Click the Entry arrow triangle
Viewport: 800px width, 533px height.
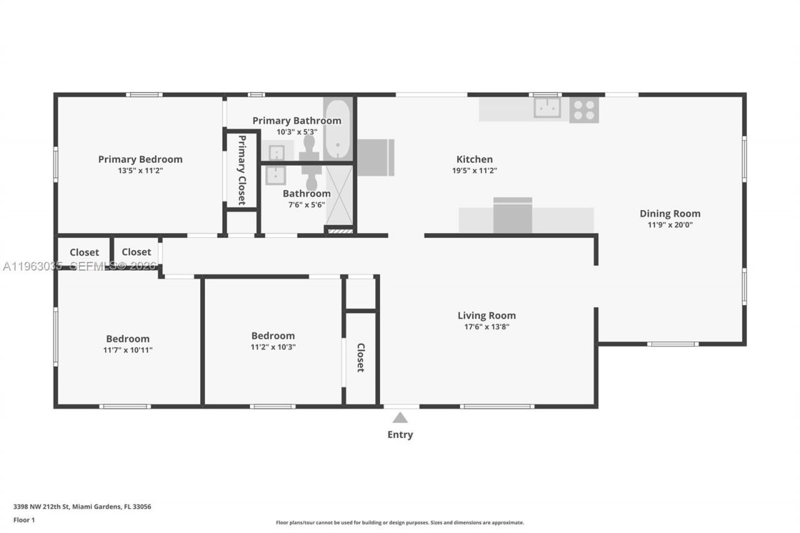400,417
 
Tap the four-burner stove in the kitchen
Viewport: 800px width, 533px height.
584,110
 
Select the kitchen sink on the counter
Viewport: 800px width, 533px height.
547,107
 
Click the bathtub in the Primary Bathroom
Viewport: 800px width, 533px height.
337,129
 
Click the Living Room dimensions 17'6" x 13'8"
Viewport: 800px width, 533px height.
486,327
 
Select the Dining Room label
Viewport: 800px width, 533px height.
669,214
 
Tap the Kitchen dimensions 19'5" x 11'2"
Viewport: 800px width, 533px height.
474,171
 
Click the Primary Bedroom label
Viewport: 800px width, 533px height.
140,159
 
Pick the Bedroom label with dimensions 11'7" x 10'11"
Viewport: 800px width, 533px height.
127,339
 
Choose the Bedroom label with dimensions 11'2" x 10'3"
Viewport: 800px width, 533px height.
273,336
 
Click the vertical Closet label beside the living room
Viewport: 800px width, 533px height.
361,357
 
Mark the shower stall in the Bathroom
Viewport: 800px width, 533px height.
339,194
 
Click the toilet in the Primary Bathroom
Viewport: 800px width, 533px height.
309,147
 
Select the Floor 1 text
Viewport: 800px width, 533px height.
24,519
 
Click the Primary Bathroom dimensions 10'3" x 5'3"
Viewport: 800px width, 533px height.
297,132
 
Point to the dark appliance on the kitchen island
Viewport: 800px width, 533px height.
512,216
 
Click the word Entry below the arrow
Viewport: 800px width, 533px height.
400,435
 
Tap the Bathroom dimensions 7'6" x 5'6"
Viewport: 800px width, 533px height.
306,204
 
